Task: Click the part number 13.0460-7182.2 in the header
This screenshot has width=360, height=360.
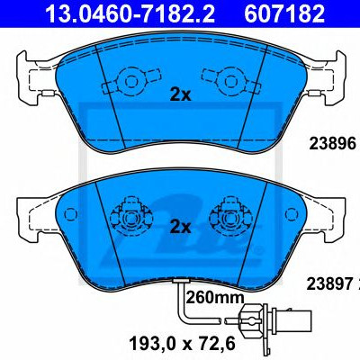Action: [x=130, y=13]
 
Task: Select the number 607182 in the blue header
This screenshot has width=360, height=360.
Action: [x=284, y=13]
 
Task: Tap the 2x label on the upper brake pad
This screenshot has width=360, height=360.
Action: [x=180, y=95]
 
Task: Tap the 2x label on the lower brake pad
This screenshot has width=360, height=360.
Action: [x=180, y=227]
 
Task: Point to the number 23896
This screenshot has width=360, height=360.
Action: [x=332, y=144]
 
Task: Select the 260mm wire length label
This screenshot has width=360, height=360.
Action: [x=215, y=298]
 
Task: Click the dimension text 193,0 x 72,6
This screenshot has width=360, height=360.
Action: [x=182, y=345]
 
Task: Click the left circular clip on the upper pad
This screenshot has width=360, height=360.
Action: [x=131, y=81]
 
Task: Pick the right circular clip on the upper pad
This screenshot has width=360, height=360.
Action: [x=230, y=81]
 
